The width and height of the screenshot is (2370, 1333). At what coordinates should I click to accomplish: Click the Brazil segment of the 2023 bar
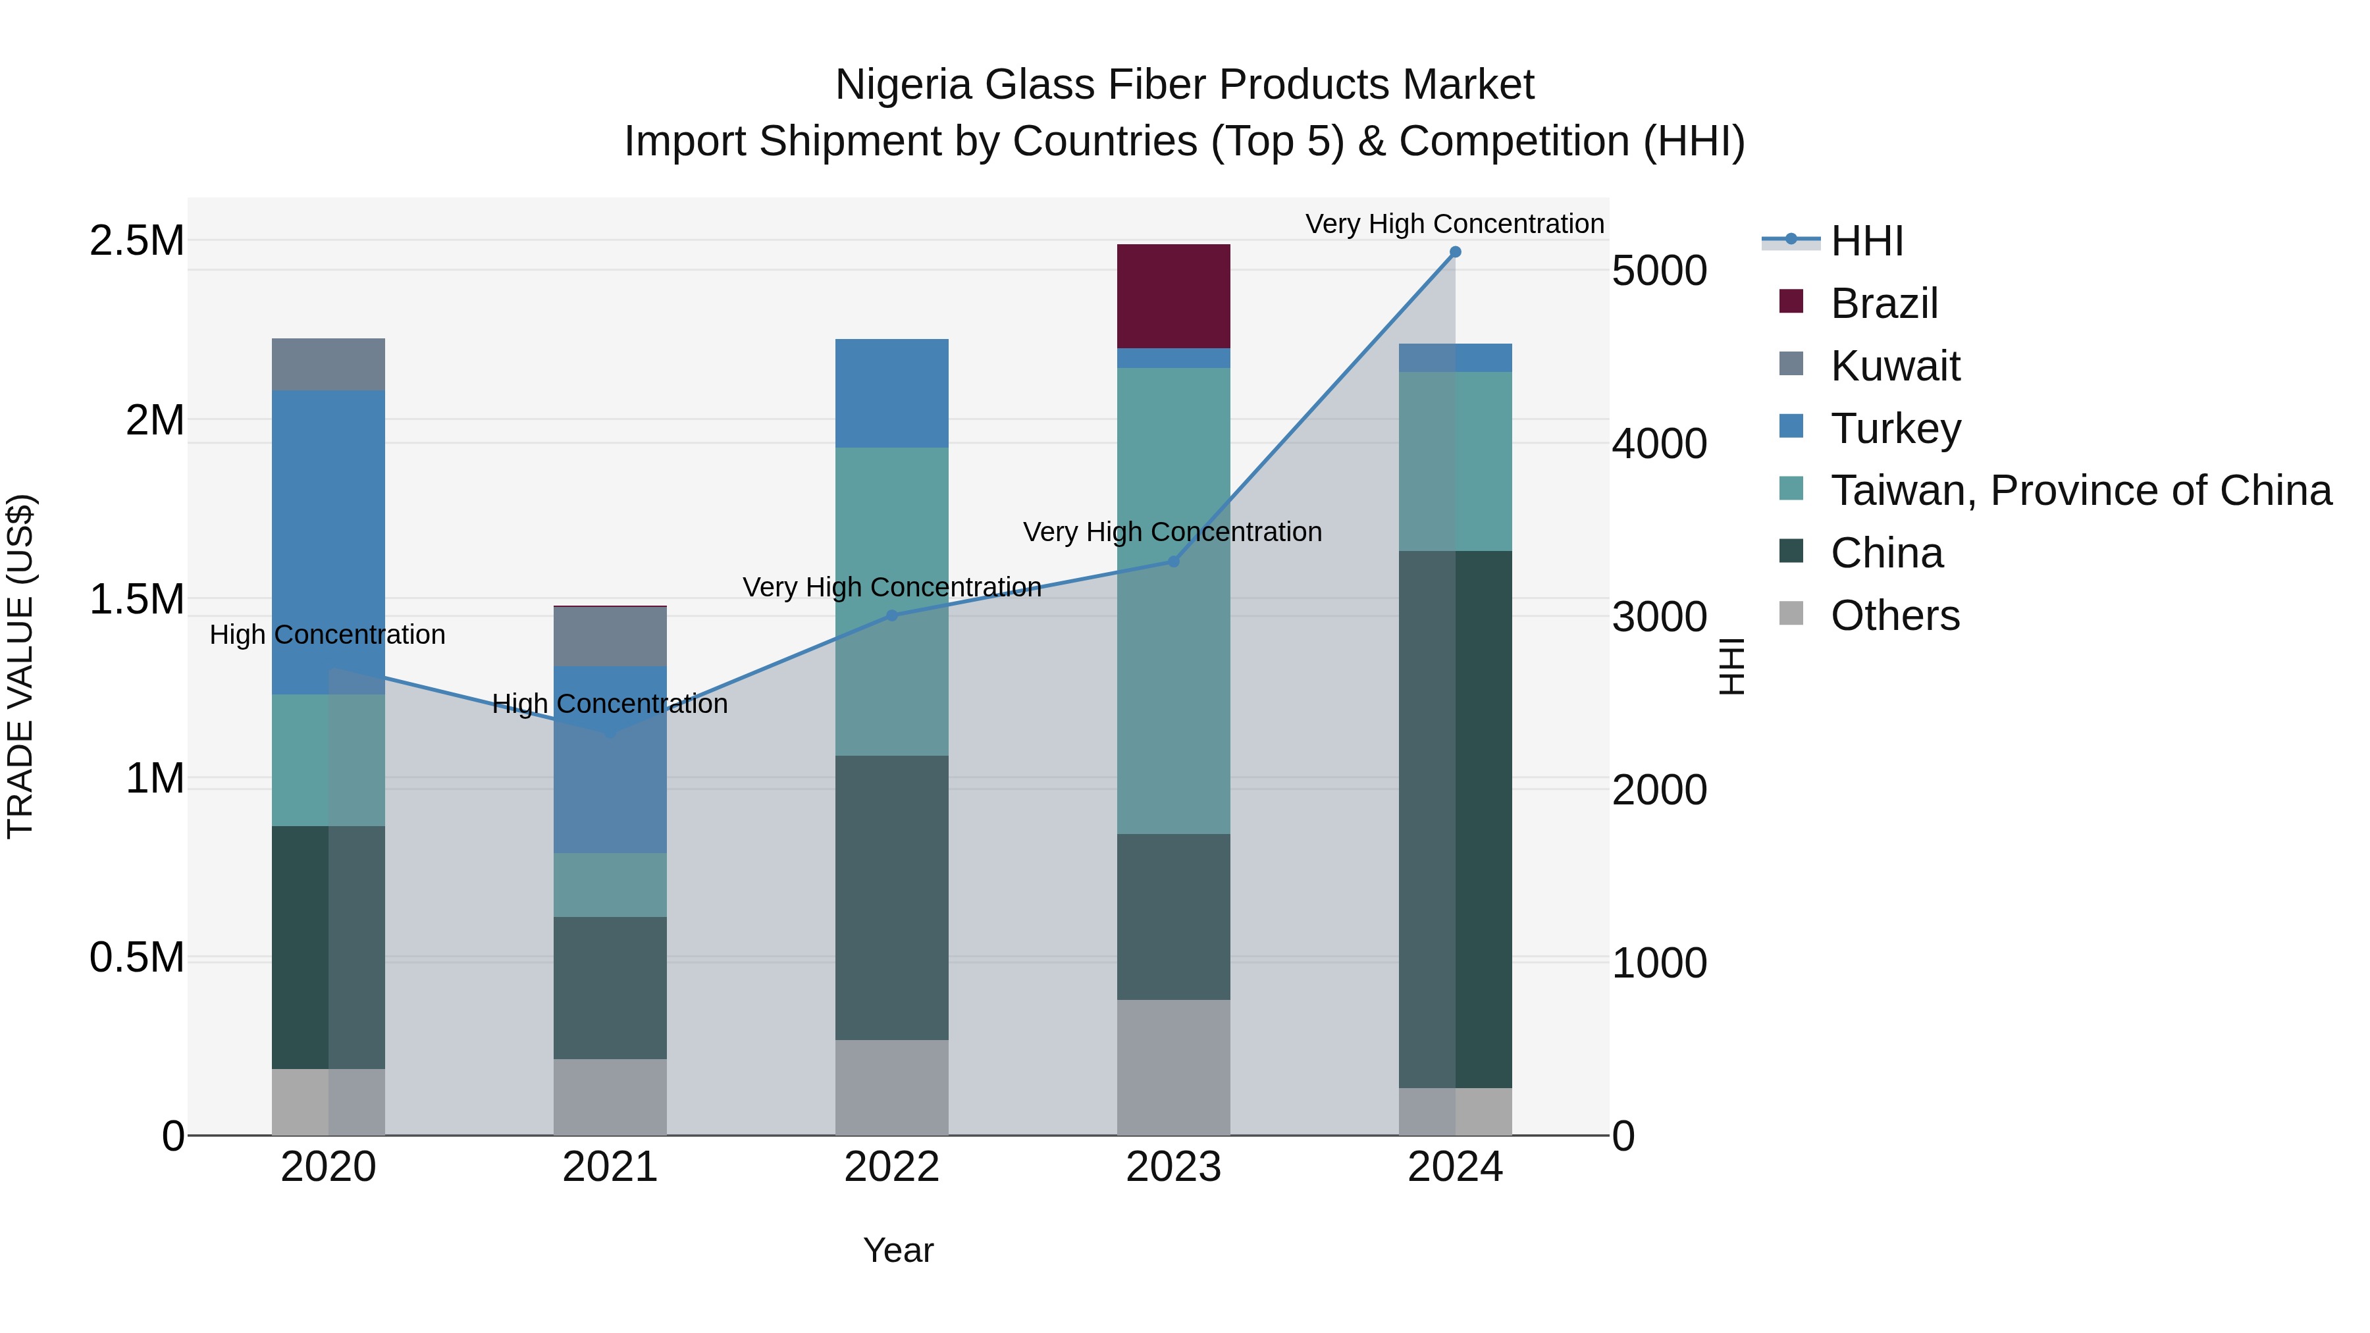point(1173,296)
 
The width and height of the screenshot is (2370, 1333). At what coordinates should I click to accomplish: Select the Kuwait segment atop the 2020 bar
point(329,364)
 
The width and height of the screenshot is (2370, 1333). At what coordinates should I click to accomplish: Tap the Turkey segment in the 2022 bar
point(891,394)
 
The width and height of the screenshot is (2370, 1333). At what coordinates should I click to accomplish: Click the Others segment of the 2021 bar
point(610,1097)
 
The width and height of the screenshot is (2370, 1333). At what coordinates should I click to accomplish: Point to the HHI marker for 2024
point(1454,252)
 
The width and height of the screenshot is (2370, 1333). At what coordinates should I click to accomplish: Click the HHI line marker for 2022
point(891,615)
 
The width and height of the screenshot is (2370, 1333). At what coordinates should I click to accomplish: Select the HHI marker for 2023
point(1173,561)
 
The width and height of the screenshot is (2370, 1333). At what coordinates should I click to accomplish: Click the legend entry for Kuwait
point(1893,366)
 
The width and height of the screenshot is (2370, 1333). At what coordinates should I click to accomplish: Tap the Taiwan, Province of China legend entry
point(2079,490)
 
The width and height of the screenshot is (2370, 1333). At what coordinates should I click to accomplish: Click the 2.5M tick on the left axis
point(137,241)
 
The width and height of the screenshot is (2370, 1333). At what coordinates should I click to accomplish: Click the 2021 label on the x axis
point(610,1167)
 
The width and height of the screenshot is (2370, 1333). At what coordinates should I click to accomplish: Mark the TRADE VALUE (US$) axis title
point(20,666)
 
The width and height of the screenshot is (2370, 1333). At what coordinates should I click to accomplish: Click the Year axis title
point(898,1250)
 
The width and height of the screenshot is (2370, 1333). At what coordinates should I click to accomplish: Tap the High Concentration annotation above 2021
point(610,704)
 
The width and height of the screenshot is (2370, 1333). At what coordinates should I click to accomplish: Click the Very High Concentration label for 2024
point(1454,224)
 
